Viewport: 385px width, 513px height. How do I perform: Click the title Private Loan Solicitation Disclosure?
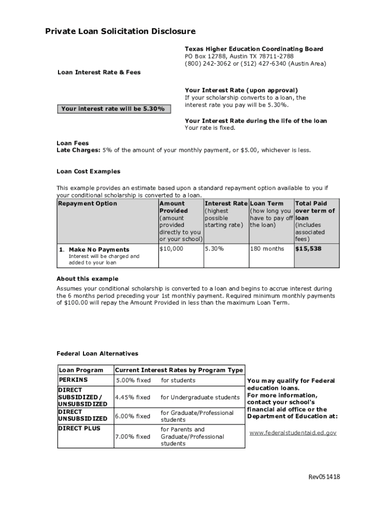[120, 32]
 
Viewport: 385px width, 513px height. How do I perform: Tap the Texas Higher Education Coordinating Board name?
[254, 49]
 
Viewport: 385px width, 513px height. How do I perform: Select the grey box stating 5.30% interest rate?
[113, 109]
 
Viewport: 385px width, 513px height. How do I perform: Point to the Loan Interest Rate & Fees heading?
[99, 73]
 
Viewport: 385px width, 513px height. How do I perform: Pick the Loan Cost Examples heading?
[88, 171]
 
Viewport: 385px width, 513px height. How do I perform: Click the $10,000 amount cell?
[171, 249]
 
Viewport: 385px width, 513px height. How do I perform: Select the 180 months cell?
[267, 249]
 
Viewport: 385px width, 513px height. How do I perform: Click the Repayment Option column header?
[87, 204]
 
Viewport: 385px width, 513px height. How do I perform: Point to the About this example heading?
[87, 279]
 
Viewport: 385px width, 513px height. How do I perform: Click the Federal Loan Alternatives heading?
[97, 354]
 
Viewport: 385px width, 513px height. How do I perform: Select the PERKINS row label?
[73, 380]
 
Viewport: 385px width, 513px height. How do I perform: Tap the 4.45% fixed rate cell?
[132, 398]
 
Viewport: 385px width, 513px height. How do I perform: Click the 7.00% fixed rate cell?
[132, 437]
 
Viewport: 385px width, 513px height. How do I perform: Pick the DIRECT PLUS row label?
[79, 428]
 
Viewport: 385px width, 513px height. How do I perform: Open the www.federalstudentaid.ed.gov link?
[293, 432]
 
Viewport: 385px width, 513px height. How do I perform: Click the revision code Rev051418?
[323, 477]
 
